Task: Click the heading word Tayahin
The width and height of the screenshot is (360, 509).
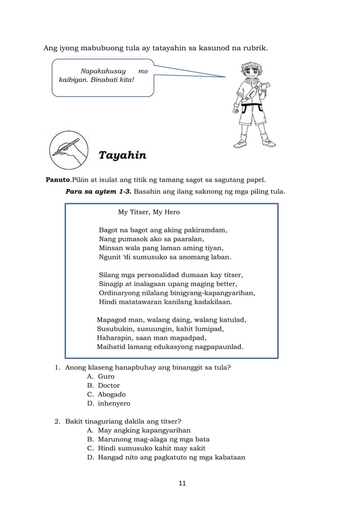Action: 122,155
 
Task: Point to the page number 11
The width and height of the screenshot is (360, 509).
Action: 182,483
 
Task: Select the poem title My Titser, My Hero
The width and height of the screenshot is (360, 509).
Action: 148,212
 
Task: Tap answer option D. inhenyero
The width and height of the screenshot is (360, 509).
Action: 108,403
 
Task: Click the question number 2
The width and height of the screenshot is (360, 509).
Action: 58,422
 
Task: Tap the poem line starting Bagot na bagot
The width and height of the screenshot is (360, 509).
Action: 163,230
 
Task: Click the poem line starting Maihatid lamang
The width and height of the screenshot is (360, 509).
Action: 170,346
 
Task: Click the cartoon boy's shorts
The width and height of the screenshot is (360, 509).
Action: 248,116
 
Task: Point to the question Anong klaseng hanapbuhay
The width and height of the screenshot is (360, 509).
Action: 148,367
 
